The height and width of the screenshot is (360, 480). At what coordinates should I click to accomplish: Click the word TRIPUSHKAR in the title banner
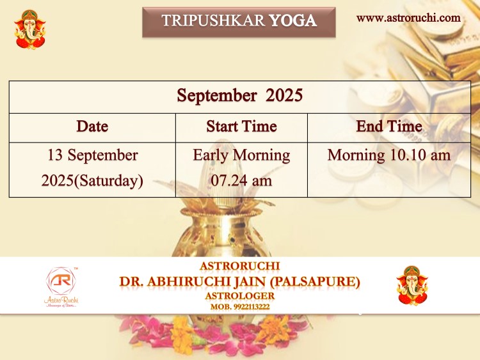213,21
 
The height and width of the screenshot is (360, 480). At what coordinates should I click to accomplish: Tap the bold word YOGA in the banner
292,21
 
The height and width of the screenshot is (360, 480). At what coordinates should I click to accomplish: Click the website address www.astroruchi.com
408,18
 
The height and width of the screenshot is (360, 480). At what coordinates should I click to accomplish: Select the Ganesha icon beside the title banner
29,29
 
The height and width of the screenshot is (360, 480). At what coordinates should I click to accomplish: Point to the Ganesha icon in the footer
412,286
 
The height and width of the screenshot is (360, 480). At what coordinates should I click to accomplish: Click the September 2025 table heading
240,95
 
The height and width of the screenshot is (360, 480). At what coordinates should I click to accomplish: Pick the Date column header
92,127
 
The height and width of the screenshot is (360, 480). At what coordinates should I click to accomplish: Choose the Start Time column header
241,127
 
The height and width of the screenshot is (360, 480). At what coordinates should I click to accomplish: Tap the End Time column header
389,127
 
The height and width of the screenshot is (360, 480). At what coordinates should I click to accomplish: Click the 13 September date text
92,155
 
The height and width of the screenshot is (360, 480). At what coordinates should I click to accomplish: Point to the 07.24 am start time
241,180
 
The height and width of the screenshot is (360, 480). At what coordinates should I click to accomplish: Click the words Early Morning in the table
241,155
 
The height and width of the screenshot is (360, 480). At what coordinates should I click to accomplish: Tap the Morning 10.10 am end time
389,155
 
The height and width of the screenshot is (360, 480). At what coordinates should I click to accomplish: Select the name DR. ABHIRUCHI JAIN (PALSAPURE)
240,282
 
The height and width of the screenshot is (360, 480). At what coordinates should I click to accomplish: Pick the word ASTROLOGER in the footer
240,296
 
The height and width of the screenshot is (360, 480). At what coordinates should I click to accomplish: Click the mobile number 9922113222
252,307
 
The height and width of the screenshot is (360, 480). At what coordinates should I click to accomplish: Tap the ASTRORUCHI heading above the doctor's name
240,266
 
